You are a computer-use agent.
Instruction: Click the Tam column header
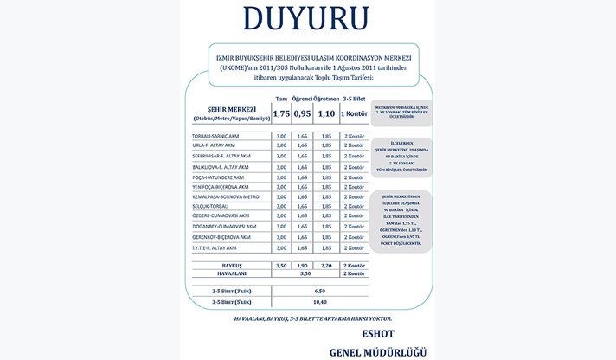coord(280,98)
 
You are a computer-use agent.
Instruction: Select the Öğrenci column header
coord(303,98)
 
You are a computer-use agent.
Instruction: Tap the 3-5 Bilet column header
coord(355,98)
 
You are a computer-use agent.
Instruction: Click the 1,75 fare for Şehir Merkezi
coord(280,113)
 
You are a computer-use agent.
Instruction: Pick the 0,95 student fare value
coord(303,113)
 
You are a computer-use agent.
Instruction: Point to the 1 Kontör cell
coord(355,113)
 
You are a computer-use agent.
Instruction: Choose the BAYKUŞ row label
coord(230,265)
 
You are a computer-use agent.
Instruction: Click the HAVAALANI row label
coord(230,273)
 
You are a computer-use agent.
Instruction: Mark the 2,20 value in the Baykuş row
coord(326,265)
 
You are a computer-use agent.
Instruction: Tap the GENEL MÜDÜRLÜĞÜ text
coord(378,352)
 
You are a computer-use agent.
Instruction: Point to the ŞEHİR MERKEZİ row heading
coord(226,109)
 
